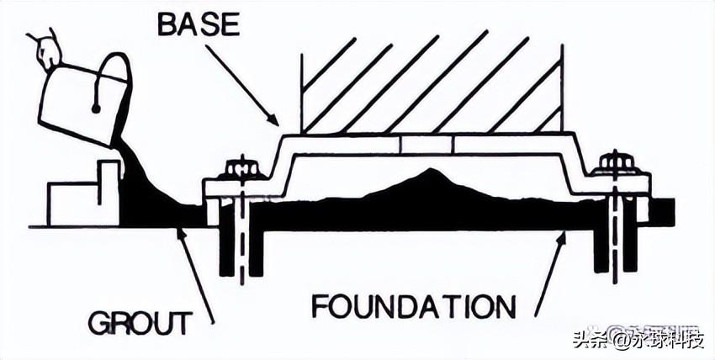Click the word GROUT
tap(140, 321)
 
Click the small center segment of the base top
tap(426, 145)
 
